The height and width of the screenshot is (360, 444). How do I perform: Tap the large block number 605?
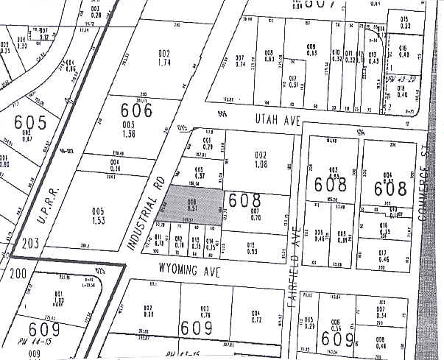click(31, 121)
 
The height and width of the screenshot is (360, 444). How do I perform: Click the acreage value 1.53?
click(98, 220)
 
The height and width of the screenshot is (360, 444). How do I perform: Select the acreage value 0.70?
click(256, 218)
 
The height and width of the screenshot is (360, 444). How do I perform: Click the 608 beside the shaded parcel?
click(244, 200)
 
